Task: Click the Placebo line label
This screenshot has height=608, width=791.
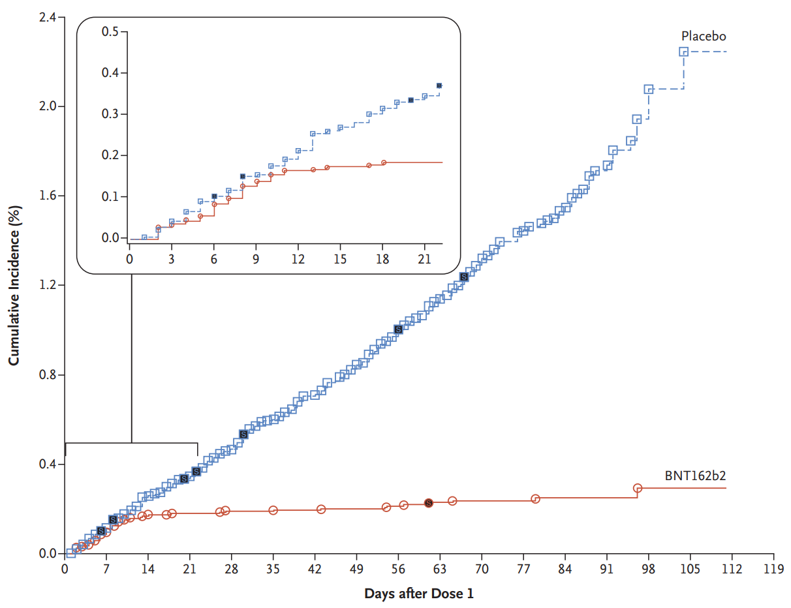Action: (704, 36)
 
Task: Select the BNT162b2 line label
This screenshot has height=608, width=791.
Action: (695, 476)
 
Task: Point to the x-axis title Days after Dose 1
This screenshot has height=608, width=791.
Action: (419, 594)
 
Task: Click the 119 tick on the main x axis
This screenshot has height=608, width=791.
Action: (773, 569)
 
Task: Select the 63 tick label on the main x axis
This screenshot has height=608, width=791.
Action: (439, 569)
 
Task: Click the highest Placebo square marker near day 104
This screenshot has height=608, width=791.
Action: (684, 52)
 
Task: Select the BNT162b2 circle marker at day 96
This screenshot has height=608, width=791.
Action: (637, 488)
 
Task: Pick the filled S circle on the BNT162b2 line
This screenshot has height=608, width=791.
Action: (428, 503)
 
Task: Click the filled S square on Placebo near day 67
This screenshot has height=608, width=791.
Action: (464, 277)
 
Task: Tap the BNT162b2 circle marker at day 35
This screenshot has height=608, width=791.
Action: (273, 510)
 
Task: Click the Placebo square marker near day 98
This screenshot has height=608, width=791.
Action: (649, 89)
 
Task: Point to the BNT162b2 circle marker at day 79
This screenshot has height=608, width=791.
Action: (535, 498)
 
